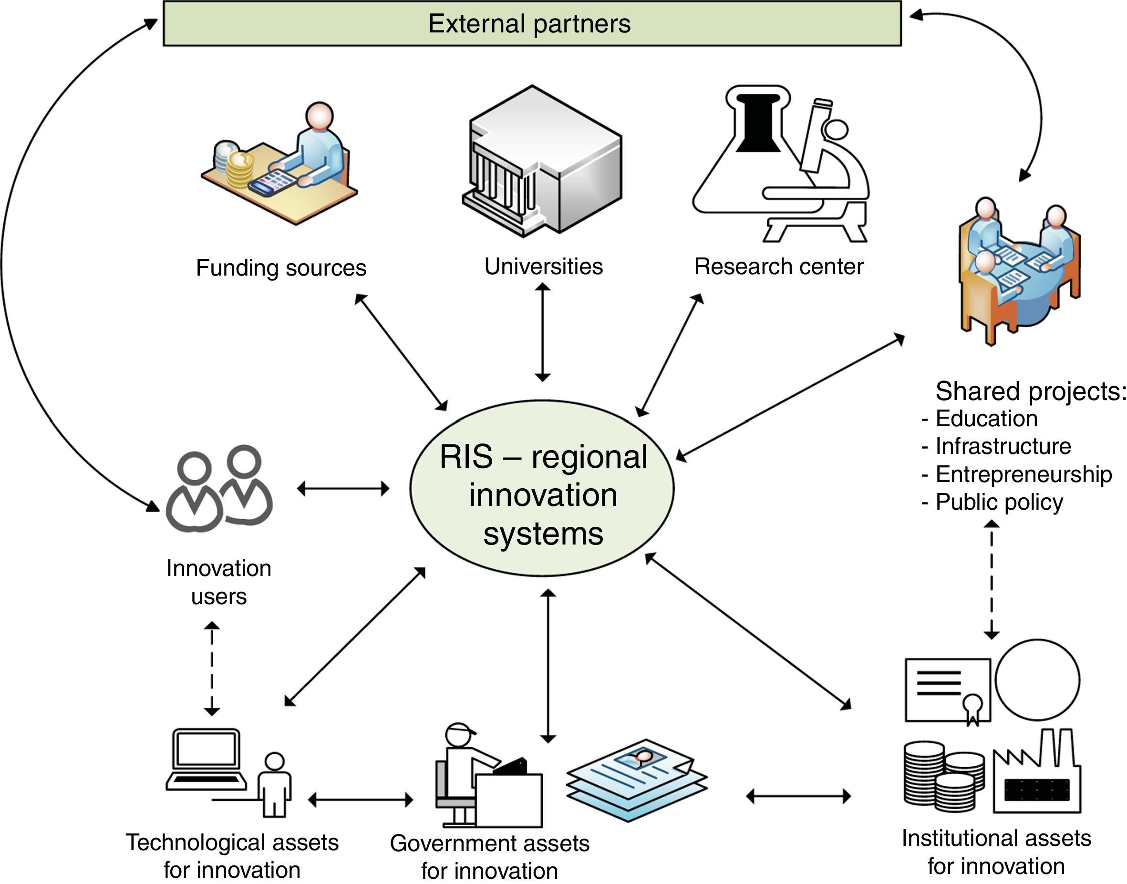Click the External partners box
coord(532,24)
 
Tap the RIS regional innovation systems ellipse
coord(542,488)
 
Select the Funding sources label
coord(281,268)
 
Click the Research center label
coord(778,267)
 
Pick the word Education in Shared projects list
coord(986,419)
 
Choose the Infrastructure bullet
coord(1003,446)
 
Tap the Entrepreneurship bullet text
coord(1023,474)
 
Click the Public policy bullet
coord(999,502)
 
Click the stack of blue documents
coord(637,779)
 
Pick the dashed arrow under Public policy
coord(992,580)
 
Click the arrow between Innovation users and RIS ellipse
coord(343,488)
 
